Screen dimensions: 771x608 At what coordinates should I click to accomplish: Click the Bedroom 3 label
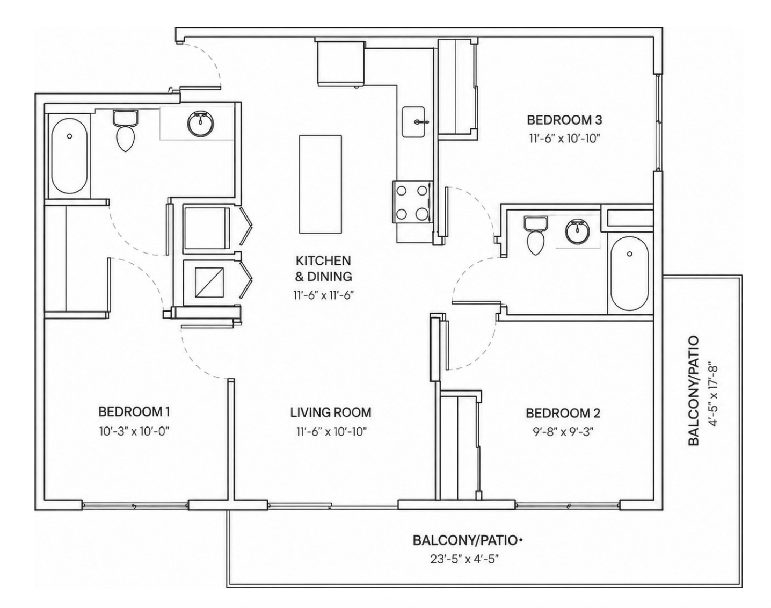(x=564, y=120)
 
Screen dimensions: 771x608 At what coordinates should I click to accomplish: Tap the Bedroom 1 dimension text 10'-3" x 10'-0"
(x=134, y=431)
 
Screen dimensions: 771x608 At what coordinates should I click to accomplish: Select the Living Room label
(x=331, y=412)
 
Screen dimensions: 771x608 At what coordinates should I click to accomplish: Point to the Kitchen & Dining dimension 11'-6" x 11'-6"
(x=323, y=296)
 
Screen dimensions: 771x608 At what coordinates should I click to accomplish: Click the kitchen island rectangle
(x=321, y=184)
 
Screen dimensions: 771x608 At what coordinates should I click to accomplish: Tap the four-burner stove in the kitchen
(x=412, y=202)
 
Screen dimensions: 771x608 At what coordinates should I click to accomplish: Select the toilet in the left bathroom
(x=125, y=131)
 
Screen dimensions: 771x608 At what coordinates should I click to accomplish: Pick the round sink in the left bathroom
(x=200, y=124)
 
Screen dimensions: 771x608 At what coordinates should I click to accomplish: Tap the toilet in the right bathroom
(x=535, y=235)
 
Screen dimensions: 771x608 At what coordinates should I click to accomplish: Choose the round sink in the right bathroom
(x=578, y=231)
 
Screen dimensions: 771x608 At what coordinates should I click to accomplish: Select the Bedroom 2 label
(x=563, y=414)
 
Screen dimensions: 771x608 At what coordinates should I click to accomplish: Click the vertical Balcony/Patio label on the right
(x=694, y=391)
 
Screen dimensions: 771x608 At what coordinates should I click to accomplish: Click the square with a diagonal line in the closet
(x=209, y=283)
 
